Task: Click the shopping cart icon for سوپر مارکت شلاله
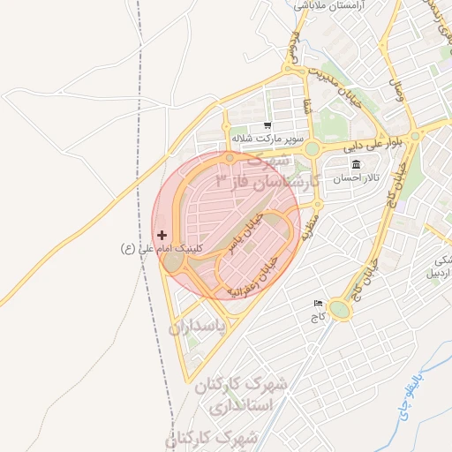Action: coord(267,126)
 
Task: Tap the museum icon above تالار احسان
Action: coord(356,165)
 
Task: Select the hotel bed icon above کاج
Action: coord(318,304)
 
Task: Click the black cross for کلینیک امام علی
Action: coord(162,236)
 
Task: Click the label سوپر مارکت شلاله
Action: coord(267,139)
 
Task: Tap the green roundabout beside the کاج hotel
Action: coord(341,310)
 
